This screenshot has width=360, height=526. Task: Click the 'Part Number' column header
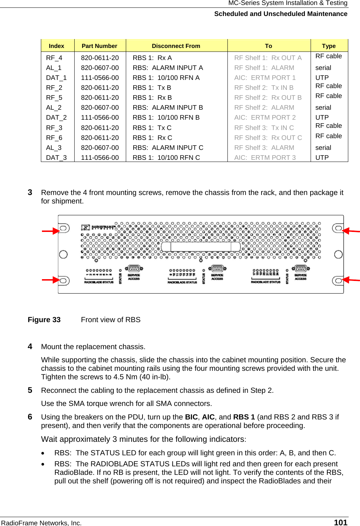pyautogui.click(x=99, y=46)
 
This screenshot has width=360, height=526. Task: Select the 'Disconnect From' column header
pyautogui.click(x=176, y=46)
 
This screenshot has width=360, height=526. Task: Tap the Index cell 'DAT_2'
pyautogui.click(x=56, y=118)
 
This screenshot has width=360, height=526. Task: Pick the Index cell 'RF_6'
pyautogui.click(x=54, y=138)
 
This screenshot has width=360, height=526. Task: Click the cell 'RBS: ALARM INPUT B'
pyautogui.click(x=168, y=108)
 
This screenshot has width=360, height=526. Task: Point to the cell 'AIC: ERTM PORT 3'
pyautogui.click(x=265, y=158)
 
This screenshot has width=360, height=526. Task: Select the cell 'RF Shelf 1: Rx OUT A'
pyautogui.click(x=268, y=58)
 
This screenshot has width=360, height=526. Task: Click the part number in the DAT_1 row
pyautogui.click(x=100, y=78)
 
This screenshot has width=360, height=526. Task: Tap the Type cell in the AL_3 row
pyautogui.click(x=323, y=148)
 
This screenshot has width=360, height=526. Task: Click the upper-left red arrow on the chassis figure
pyautogui.click(x=50, y=231)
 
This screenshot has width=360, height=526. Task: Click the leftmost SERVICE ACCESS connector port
pyautogui.click(x=134, y=269)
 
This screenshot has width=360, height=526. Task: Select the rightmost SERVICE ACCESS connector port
pyautogui.click(x=301, y=269)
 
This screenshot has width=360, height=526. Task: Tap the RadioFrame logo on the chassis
pyautogui.click(x=98, y=227)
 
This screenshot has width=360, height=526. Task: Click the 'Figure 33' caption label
pyautogui.click(x=44, y=320)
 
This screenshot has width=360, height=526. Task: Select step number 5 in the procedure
pyautogui.click(x=30, y=390)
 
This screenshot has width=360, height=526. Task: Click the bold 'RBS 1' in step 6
pyautogui.click(x=244, y=417)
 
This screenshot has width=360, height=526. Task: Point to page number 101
pyautogui.click(x=340, y=522)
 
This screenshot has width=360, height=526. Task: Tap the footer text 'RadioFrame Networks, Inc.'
pyautogui.click(x=42, y=523)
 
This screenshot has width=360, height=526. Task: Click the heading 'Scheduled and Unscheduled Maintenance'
pyautogui.click(x=281, y=14)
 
